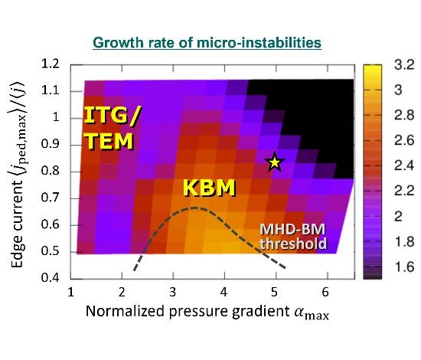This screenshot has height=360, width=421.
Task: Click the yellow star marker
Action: pos(274,162)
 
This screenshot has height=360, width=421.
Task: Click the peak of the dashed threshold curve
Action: pos(196,208)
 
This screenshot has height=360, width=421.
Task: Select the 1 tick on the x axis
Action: pos(71,292)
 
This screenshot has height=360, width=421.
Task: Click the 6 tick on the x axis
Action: pos(325,292)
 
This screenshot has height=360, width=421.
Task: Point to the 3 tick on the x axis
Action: pos(173,292)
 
